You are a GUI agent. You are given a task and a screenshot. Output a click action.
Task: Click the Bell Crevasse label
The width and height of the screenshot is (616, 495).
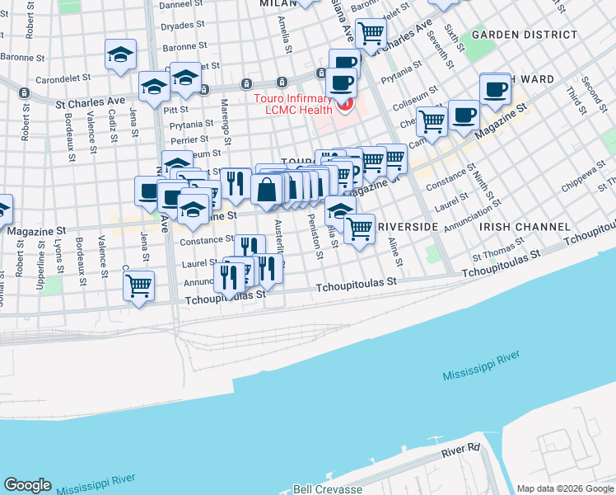click(x=328, y=488)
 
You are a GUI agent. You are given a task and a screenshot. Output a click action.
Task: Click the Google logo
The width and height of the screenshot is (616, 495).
click(x=27, y=484)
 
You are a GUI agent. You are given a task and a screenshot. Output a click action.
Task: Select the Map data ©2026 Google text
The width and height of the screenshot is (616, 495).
click(x=565, y=488)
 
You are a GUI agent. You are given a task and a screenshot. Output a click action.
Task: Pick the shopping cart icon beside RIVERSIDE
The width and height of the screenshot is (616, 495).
click(x=359, y=228)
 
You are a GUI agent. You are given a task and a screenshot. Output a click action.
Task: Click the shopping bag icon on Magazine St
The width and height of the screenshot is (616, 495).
click(x=268, y=189)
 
